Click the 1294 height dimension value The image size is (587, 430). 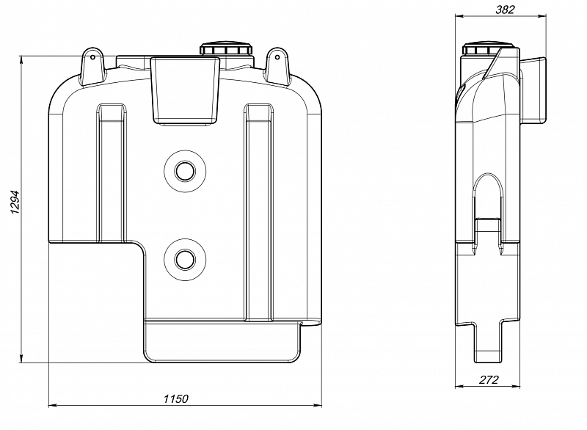[15, 202]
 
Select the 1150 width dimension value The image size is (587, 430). [176, 399]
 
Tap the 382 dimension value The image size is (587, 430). [505, 10]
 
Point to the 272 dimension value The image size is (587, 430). [489, 380]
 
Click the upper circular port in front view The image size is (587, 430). [185, 172]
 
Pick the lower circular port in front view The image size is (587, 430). [185, 259]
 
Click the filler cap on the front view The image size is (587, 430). [227, 49]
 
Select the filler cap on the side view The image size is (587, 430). [481, 49]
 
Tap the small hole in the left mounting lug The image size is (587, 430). [93, 57]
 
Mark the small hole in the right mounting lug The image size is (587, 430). [277, 57]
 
